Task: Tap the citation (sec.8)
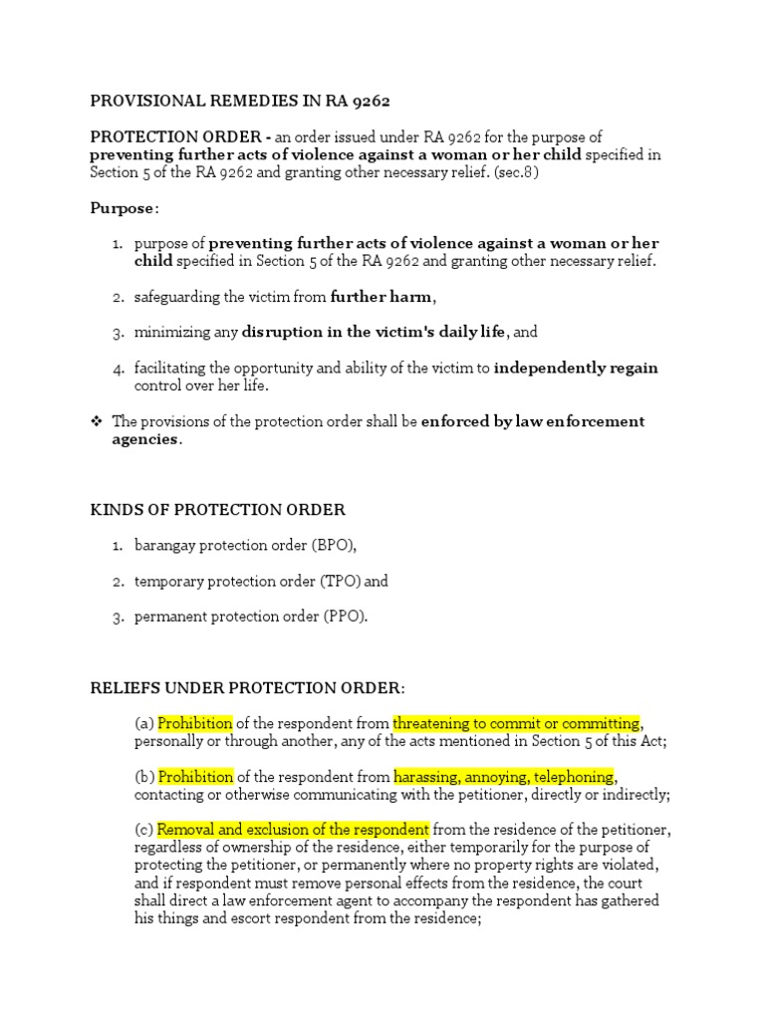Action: [510, 173]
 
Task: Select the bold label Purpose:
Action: [125, 207]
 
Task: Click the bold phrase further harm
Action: [382, 297]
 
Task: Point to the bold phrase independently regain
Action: [576, 368]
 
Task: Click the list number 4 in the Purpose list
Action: [116, 369]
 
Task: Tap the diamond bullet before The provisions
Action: [97, 421]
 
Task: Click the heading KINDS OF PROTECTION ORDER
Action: [217, 510]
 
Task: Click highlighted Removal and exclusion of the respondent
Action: [294, 830]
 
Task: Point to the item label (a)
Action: [144, 723]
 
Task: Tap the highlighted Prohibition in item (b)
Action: [195, 776]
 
